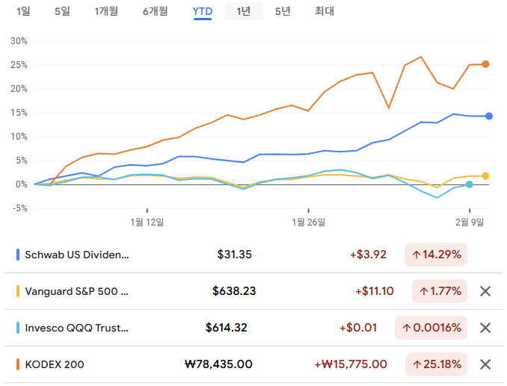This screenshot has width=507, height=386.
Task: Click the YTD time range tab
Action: click(202, 11)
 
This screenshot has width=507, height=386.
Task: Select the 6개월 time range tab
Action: click(155, 11)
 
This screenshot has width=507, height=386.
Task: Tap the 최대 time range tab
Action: click(325, 11)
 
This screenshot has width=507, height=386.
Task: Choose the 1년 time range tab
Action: click(244, 11)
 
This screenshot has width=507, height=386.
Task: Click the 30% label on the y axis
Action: click(19, 41)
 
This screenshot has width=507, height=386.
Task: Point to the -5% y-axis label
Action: click(19, 208)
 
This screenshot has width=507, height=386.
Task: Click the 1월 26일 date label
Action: click(309, 222)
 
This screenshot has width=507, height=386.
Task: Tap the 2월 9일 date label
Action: click(470, 222)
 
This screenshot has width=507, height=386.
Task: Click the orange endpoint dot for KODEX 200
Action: click(485, 64)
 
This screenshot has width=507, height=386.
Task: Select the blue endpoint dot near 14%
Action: click(489, 116)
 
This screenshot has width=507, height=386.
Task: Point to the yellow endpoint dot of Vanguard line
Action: click(485, 176)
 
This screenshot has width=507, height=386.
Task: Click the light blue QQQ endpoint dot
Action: click(470, 184)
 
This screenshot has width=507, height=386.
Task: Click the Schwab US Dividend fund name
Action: click(77, 255)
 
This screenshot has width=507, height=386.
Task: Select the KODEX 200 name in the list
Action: click(55, 364)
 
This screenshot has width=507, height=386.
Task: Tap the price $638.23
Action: click(232, 291)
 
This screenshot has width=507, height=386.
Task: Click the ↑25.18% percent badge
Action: click(436, 364)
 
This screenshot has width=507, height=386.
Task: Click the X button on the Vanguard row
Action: click(485, 291)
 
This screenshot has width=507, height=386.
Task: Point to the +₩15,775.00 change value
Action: click(350, 364)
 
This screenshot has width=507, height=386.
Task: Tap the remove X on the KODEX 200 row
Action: click(485, 364)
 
